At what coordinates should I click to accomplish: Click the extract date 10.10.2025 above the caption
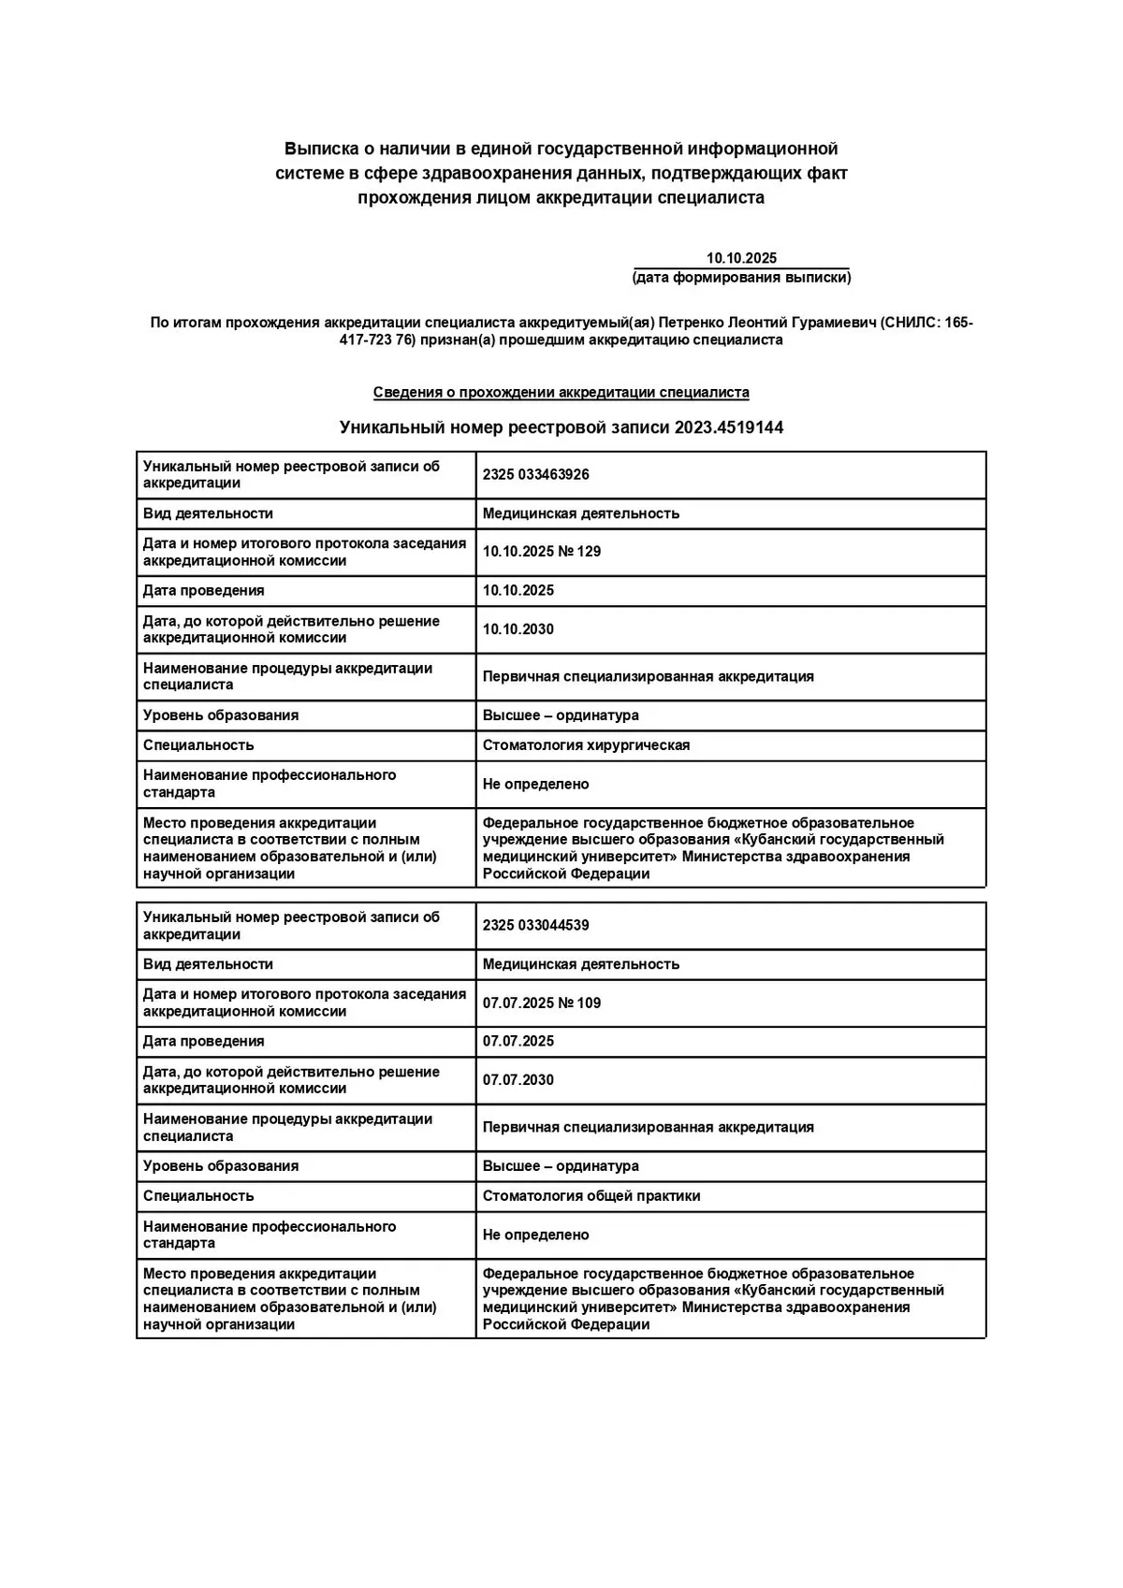click(741, 258)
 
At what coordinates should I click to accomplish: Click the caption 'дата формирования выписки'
click(741, 278)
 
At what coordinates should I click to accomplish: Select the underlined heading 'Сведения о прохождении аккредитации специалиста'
click(561, 393)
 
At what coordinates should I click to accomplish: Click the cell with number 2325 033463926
click(536, 474)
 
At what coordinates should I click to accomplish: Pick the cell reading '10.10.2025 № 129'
click(542, 552)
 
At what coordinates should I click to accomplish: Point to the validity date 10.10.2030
click(518, 629)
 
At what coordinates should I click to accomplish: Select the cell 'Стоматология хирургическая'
click(586, 745)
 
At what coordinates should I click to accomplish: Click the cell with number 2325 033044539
click(536, 925)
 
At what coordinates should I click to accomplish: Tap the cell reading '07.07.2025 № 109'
click(542, 1003)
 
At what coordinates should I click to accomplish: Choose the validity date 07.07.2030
click(518, 1080)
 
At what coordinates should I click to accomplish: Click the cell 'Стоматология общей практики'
click(591, 1196)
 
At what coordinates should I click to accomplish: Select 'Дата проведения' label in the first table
click(204, 591)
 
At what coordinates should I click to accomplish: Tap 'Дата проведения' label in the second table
click(204, 1042)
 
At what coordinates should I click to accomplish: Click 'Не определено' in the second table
click(536, 1234)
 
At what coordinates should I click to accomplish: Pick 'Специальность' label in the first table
click(198, 745)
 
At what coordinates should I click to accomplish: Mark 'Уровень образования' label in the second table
click(221, 1166)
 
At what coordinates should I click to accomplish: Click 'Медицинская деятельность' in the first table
click(581, 513)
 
